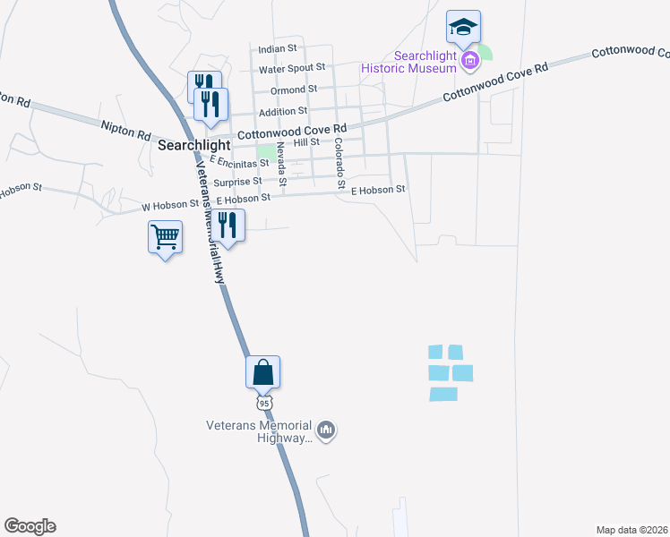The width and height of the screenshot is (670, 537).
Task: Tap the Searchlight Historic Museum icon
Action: [x=469, y=61]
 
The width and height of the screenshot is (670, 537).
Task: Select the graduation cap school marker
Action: [x=463, y=28]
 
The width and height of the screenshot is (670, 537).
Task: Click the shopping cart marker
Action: [x=165, y=238]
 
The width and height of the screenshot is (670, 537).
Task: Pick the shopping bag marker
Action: [x=263, y=372]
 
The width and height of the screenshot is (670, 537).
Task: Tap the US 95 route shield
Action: [x=265, y=403]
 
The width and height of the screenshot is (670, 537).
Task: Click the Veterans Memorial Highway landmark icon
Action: [x=327, y=431]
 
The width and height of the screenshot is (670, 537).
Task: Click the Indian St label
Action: [x=277, y=48]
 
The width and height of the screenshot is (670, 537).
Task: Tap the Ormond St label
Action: [x=295, y=89]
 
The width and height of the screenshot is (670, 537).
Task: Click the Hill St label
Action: [x=306, y=142]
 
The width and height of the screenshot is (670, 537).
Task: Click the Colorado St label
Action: [x=339, y=163]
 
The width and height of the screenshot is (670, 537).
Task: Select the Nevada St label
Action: [x=280, y=165]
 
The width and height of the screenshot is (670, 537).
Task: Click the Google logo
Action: [x=30, y=526]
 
